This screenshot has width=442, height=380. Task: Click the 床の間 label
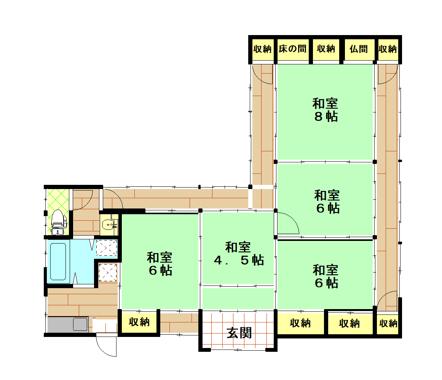(293, 49)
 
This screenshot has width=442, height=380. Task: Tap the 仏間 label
(359, 49)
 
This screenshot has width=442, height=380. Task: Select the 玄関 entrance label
(239, 333)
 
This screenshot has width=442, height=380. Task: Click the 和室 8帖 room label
(325, 110)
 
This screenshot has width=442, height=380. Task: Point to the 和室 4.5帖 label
(238, 254)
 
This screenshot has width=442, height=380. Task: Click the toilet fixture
(59, 222)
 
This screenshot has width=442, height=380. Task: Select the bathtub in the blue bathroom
(58, 261)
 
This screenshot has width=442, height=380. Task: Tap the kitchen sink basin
(80, 324)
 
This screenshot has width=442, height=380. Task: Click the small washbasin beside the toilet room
(109, 225)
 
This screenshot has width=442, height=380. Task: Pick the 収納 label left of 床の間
(262, 49)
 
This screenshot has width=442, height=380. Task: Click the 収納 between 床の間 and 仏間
(326, 49)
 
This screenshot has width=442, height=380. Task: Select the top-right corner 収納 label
(388, 49)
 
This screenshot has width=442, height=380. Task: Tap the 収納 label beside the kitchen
(139, 322)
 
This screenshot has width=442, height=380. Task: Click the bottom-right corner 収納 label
(388, 323)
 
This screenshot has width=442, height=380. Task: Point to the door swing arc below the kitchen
(103, 350)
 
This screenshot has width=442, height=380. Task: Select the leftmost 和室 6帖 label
(160, 264)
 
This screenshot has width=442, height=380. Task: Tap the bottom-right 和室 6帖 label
(326, 276)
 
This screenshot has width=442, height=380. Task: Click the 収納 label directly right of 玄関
(300, 323)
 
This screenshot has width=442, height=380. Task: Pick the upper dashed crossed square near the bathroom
(107, 248)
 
